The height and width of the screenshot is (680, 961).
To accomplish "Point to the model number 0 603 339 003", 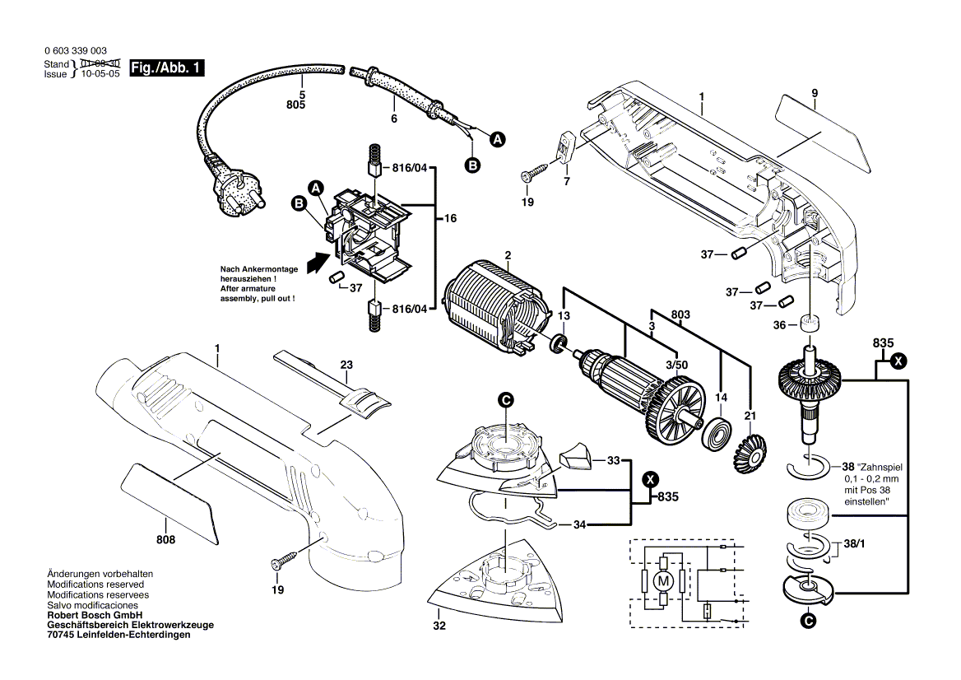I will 74,51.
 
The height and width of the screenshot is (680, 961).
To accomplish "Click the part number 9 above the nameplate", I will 814,93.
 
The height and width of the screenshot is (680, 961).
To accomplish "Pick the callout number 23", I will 346,366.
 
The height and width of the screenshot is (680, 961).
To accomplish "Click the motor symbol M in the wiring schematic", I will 660,581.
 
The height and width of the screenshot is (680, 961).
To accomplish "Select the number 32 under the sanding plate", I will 439,626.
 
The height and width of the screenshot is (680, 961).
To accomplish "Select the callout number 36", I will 780,324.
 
